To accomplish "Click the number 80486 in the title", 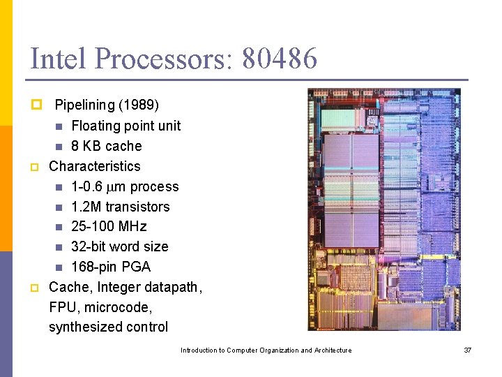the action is point(280,59).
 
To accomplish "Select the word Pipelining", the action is point(84,105).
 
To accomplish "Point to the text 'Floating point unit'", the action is point(125,126).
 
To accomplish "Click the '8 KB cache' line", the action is point(106,146).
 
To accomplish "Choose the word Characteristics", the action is point(94,166).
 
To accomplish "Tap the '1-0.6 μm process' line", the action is point(125,186).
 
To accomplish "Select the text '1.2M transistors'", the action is point(120,207).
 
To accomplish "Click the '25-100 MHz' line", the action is point(109,226).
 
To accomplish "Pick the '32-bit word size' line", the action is point(119,246).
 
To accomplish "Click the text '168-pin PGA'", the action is point(110,267).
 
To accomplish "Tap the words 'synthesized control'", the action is point(108,327).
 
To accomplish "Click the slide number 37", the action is point(468,350).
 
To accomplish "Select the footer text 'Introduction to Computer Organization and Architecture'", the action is point(266,350).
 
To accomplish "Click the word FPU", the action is point(63,307).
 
